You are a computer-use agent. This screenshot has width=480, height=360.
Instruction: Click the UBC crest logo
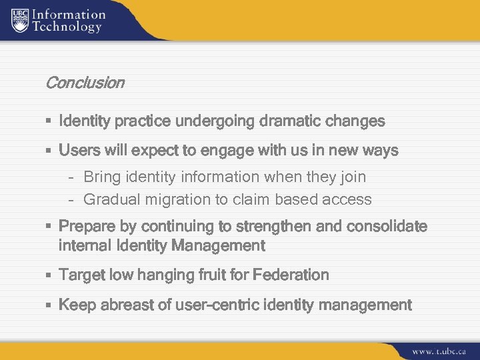click(x=21, y=20)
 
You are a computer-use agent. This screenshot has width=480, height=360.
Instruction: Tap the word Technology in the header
click(x=67, y=27)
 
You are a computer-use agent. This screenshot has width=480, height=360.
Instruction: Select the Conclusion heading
click(x=85, y=83)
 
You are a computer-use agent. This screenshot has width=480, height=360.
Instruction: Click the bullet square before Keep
click(x=49, y=306)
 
